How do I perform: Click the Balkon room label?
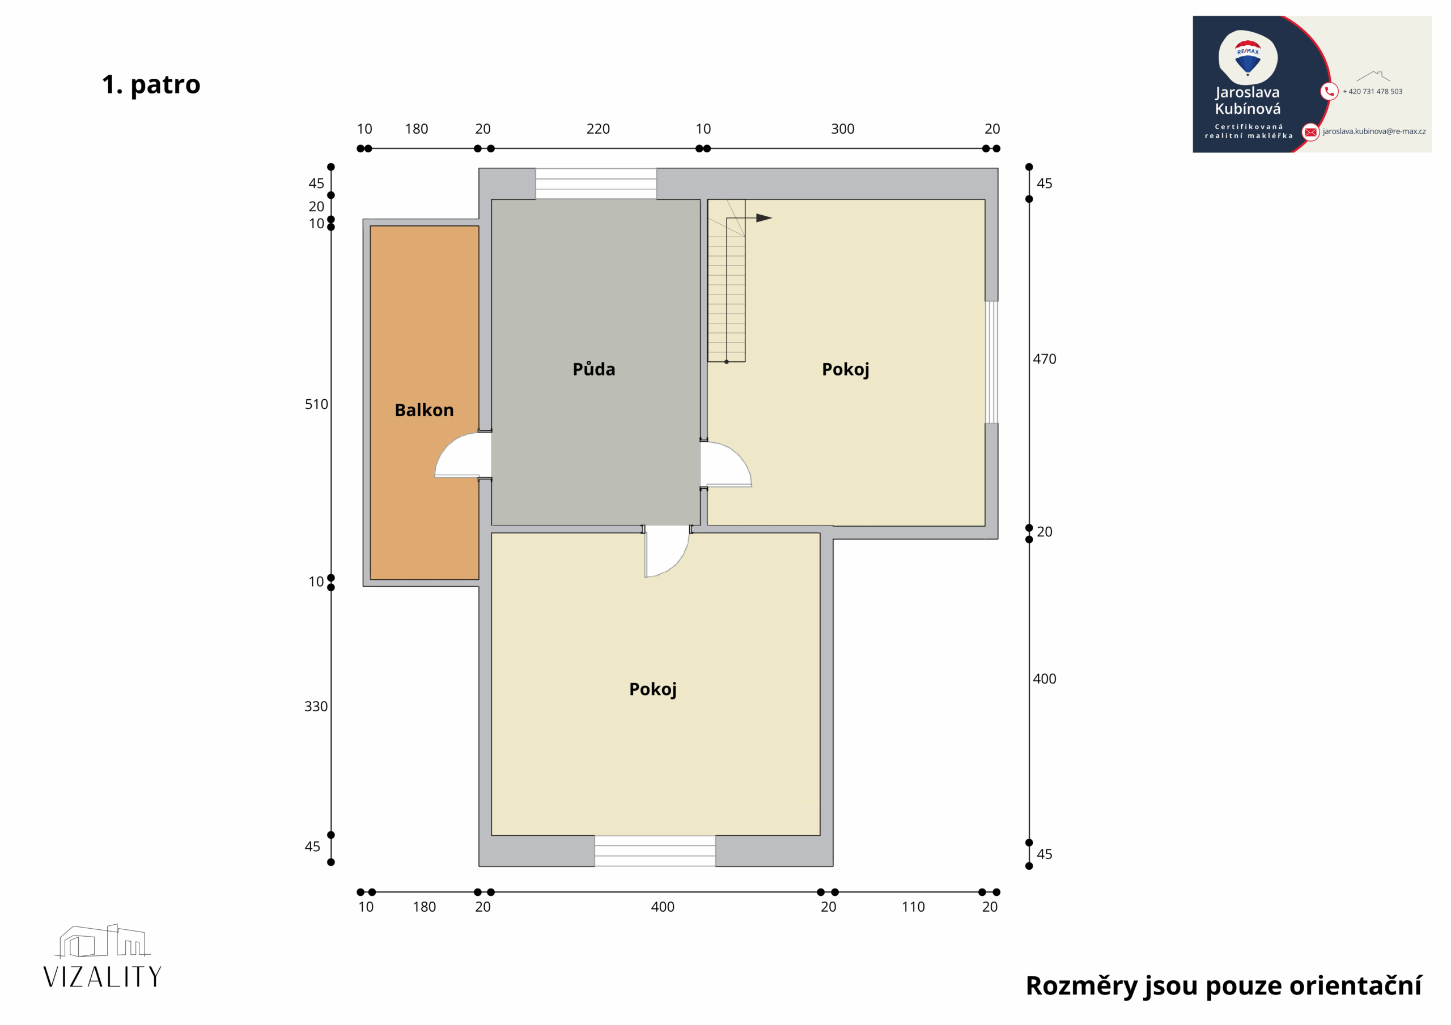click(x=424, y=411)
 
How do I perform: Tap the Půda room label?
click(x=593, y=369)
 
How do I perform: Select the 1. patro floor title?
click(x=151, y=84)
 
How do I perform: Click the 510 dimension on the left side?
click(x=316, y=404)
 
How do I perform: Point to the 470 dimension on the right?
click(x=1044, y=358)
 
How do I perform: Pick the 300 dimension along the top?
click(x=842, y=129)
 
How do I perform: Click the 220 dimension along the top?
click(x=598, y=129)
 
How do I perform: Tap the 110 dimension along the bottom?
click(x=913, y=907)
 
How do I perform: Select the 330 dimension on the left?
click(x=316, y=706)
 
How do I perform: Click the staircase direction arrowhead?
click(x=764, y=218)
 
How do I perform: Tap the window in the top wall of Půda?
click(x=596, y=184)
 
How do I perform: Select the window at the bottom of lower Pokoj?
click(x=655, y=851)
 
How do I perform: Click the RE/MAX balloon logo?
click(x=1248, y=59)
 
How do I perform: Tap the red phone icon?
click(x=1329, y=92)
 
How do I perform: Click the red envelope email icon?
click(x=1310, y=132)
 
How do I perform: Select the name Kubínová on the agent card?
click(x=1248, y=109)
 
